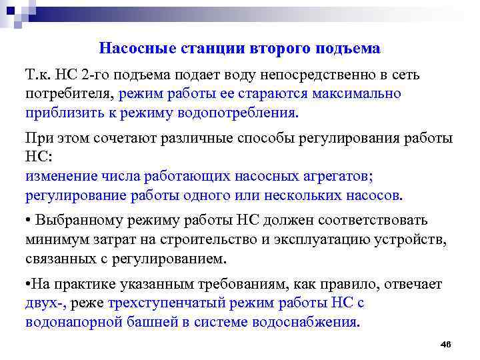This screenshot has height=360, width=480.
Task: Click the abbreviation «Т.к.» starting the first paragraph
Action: [x=40, y=74]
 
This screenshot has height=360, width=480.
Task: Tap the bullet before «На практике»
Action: [x=27, y=285]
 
